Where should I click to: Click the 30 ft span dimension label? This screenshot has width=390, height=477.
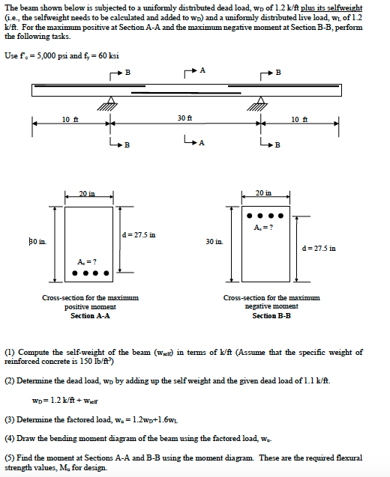pyautogui.click(x=184, y=118)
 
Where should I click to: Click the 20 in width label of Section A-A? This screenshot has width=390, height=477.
pyautogui.click(x=88, y=194)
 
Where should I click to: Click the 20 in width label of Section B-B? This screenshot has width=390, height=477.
pyautogui.click(x=264, y=193)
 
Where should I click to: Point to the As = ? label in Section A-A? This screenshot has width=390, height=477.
pyautogui.click(x=85, y=261)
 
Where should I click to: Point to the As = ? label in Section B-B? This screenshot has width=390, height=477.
pyautogui.click(x=263, y=227)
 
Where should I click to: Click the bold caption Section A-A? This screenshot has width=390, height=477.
pyautogui.click(x=90, y=316)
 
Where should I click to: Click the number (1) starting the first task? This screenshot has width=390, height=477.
pyautogui.click(x=10, y=352)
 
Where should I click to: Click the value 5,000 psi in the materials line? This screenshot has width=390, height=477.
pyautogui.click(x=57, y=56)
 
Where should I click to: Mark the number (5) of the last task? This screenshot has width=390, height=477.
pyautogui.click(x=10, y=457)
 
